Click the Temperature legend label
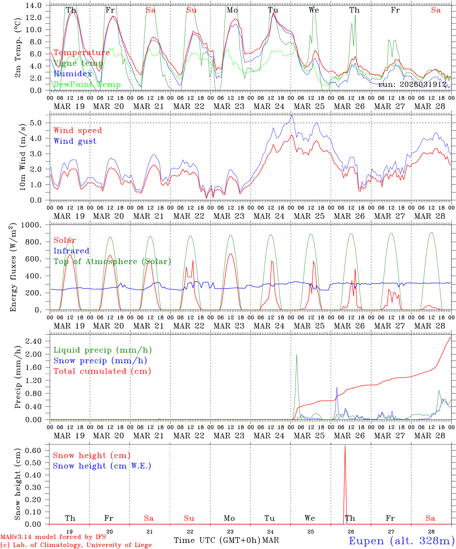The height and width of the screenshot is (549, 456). (82, 53)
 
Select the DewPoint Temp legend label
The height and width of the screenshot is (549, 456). (87, 85)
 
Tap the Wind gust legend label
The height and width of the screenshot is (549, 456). (75, 141)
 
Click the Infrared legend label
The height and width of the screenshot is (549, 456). (71, 251)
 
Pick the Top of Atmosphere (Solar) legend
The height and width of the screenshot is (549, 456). (112, 262)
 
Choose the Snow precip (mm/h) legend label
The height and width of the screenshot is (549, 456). (100, 361)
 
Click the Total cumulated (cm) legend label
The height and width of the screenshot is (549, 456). (102, 371)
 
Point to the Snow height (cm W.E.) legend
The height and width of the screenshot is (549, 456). (102, 466)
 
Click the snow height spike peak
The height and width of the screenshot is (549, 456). (345, 446)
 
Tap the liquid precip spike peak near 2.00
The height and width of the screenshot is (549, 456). (297, 355)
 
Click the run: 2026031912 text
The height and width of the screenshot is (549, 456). (412, 84)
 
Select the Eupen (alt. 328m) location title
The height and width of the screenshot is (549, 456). (401, 541)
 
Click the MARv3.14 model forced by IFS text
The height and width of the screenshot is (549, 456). (53, 537)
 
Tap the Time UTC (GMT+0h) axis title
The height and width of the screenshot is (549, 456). (217, 540)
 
